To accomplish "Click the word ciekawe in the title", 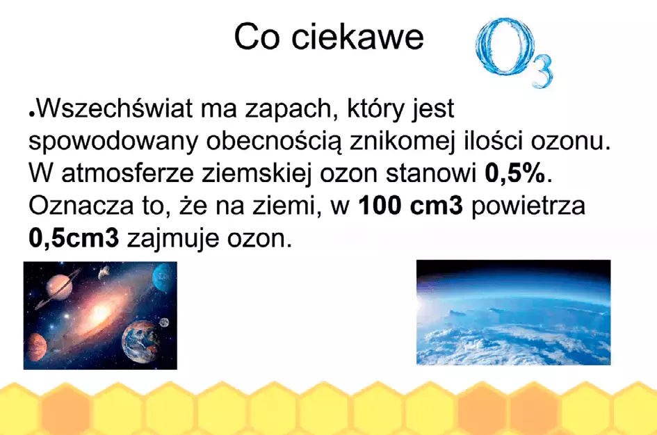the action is [x=357, y=37].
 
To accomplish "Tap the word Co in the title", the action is [x=257, y=37].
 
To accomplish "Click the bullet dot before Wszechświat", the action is [x=31, y=114].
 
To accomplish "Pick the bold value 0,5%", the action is [x=515, y=173].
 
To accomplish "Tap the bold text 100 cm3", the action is [x=411, y=206].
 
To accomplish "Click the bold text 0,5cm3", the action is [x=74, y=238].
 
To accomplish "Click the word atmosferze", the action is [x=127, y=173].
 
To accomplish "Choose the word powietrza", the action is [x=528, y=206].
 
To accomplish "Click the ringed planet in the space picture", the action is [x=58, y=287].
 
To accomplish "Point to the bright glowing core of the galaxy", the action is [x=99, y=313].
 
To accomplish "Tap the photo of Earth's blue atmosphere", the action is [x=513, y=312].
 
